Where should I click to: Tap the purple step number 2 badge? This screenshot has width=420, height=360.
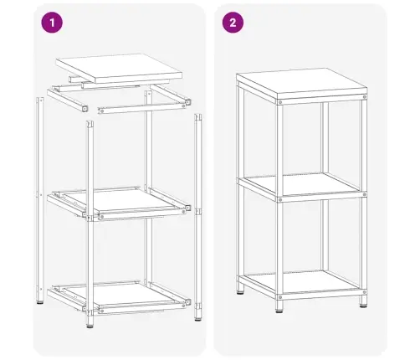tap(232, 23)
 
